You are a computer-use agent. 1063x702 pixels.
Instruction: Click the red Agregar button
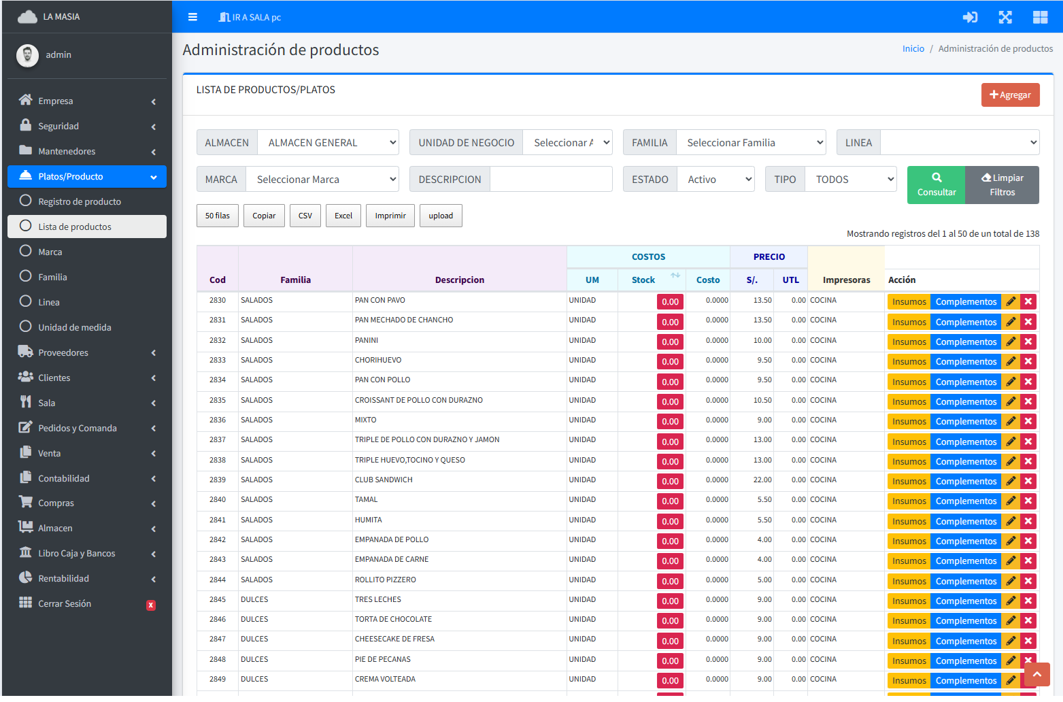pyautogui.click(x=1010, y=95)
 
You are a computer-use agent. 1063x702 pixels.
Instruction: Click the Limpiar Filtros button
pyautogui.click(x=1002, y=185)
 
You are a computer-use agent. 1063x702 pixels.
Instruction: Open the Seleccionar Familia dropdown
pyautogui.click(x=751, y=143)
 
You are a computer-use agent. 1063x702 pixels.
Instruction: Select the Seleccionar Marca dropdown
pyautogui.click(x=322, y=180)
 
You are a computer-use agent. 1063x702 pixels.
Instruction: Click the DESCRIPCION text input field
pyautogui.click(x=551, y=180)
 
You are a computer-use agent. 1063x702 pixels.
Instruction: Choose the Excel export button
pyautogui.click(x=343, y=216)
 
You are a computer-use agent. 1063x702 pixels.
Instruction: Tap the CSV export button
pyautogui.click(x=305, y=216)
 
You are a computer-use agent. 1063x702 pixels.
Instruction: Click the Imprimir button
pyautogui.click(x=390, y=216)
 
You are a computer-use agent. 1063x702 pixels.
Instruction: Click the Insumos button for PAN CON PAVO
pyautogui.click(x=909, y=302)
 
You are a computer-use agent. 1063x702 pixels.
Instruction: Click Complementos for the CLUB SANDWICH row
pyautogui.click(x=966, y=482)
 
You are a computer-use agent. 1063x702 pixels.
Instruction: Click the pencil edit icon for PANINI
pyautogui.click(x=1011, y=342)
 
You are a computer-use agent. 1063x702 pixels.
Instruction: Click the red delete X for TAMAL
pyautogui.click(x=1028, y=501)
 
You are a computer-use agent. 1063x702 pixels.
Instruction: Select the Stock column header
pyautogui.click(x=643, y=280)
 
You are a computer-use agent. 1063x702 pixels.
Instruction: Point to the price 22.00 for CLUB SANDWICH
pyautogui.click(x=762, y=480)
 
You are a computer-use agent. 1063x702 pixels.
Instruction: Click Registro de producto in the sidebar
pyautogui.click(x=80, y=202)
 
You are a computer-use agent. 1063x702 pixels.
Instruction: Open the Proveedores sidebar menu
pyautogui.click(x=63, y=353)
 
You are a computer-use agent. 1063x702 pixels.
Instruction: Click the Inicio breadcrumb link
pyautogui.click(x=913, y=49)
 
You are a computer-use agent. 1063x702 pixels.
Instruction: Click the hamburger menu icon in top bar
pyautogui.click(x=192, y=17)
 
